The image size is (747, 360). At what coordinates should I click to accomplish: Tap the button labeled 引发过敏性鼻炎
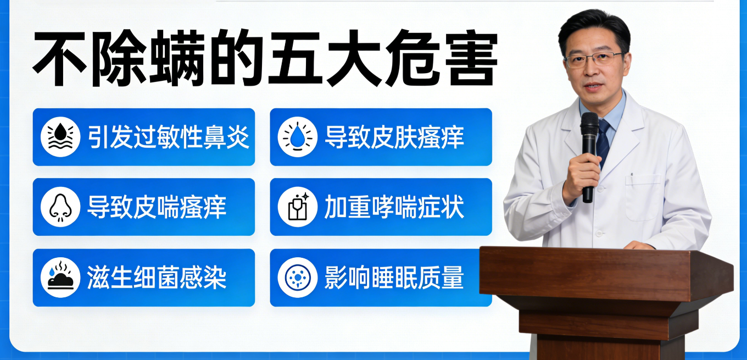coord(144,137)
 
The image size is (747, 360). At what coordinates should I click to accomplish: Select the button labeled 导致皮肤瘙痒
coord(381,137)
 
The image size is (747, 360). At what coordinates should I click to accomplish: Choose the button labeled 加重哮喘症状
coord(381,207)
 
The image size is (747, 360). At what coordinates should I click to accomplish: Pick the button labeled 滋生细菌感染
coord(144,278)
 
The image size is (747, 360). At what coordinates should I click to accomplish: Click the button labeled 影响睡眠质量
coord(381,278)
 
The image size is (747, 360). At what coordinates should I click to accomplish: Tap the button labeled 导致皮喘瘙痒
coord(144,207)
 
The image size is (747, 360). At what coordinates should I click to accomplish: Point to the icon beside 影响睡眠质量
coord(297,278)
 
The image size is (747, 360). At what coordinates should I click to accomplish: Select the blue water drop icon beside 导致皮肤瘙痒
coord(297,137)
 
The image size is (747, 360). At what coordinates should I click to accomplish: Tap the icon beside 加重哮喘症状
coord(297,207)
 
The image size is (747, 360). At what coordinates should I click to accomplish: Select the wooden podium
coord(604,297)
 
